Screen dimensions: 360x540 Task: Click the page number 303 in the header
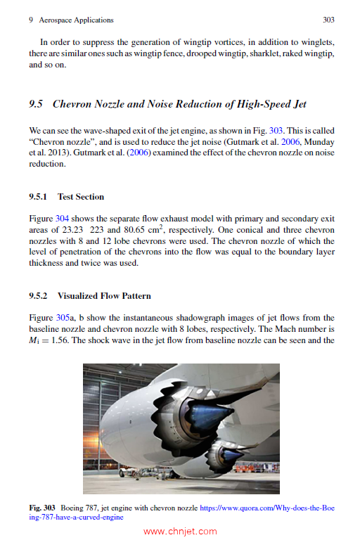328,20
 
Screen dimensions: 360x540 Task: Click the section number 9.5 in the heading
37,105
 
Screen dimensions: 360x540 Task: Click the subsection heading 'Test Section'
81,197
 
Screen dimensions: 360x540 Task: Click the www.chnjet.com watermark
180,531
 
